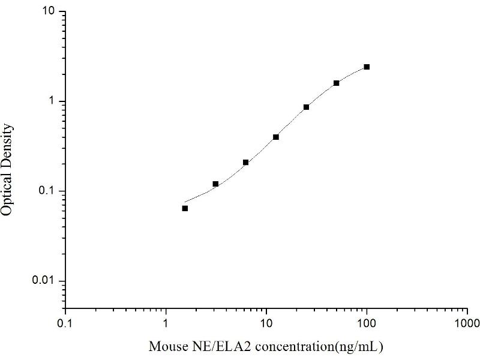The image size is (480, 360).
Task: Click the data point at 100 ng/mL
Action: pyautogui.click(x=367, y=67)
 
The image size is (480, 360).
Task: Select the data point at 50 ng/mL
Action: pyautogui.click(x=336, y=83)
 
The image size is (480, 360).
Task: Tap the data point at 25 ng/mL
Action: pyautogui.click(x=306, y=107)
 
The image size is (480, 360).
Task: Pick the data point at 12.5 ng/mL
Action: pyautogui.click(x=276, y=137)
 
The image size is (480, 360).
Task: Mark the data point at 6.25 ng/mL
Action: pyautogui.click(x=245, y=162)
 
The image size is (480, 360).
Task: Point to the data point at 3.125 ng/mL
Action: pyautogui.click(x=215, y=184)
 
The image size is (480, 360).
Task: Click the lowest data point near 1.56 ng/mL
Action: pyautogui.click(x=185, y=208)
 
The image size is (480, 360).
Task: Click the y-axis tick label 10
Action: pyautogui.click(x=50, y=12)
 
